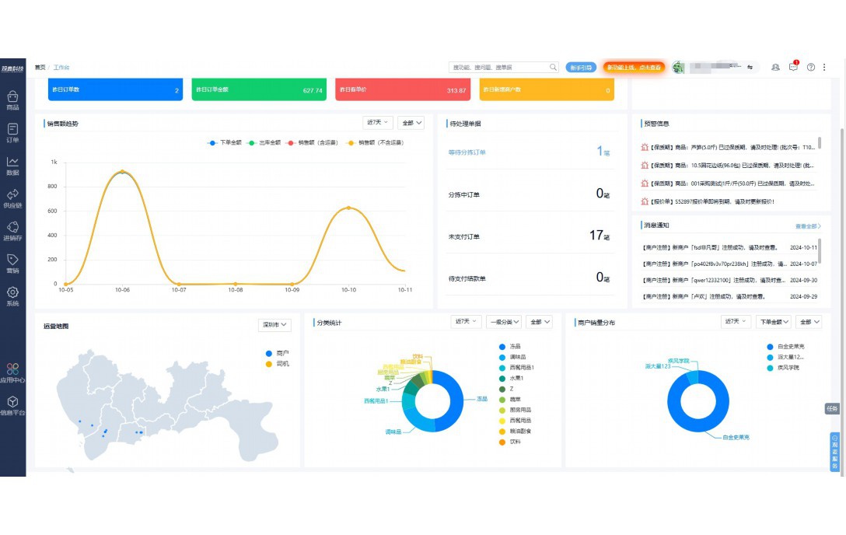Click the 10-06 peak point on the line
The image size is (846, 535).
click(122, 172)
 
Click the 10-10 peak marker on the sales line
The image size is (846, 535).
click(348, 208)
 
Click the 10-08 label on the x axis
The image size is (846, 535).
click(236, 290)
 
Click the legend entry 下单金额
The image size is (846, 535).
click(226, 143)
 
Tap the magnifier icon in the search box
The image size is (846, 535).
click(554, 68)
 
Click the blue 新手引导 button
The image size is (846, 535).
click(581, 68)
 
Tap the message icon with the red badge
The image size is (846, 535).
click(793, 68)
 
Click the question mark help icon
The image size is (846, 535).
click(811, 68)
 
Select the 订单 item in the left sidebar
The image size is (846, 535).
click(12, 132)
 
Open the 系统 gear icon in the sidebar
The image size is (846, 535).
click(12, 295)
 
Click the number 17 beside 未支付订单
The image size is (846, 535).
click(596, 235)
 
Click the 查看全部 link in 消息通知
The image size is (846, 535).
click(807, 226)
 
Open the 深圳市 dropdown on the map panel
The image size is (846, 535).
click(274, 325)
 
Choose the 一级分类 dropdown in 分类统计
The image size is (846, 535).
click(504, 322)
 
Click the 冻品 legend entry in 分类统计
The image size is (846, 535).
click(515, 347)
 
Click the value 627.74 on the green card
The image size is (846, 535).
click(313, 91)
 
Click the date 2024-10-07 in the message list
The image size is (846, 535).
click(803, 264)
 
